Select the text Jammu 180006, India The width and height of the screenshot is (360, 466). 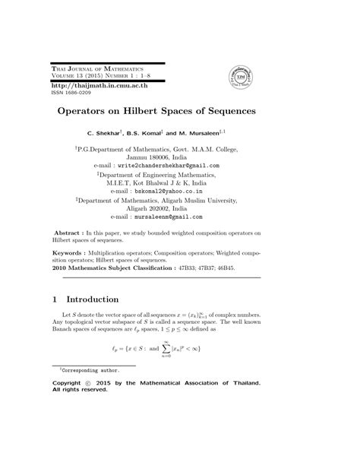click(x=179, y=156)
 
